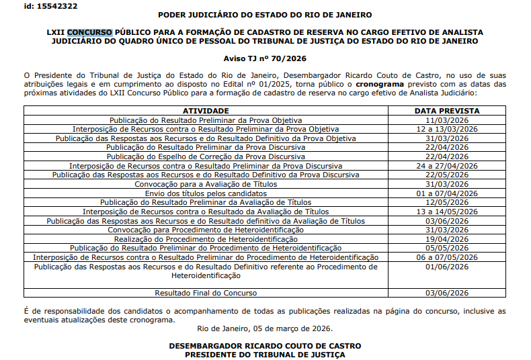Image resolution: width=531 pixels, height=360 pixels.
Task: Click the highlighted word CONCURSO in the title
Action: (90, 32)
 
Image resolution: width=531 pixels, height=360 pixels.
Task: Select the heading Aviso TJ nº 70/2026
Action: (264, 59)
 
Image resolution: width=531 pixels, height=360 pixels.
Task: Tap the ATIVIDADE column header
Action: (206, 110)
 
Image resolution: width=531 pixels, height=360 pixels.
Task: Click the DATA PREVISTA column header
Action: (446, 110)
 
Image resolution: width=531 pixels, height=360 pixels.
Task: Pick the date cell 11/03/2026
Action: (446, 120)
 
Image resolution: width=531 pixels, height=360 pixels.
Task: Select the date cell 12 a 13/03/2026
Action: (446, 128)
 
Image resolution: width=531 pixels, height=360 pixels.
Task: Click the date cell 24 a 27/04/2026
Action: (446, 165)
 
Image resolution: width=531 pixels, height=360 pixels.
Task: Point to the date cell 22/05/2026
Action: (446, 175)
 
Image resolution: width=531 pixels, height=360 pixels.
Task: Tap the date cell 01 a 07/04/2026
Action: (446, 193)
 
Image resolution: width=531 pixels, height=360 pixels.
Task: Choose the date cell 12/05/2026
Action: (446, 202)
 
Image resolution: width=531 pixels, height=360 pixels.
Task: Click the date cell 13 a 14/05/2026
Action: (446, 211)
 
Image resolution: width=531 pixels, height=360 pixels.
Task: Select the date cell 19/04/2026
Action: (446, 238)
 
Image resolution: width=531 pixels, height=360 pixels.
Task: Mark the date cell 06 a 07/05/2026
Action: (446, 257)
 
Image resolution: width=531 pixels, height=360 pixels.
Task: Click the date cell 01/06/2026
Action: (446, 267)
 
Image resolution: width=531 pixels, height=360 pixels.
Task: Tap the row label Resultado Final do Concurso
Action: (206, 293)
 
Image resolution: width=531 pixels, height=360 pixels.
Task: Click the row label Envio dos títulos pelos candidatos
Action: (206, 193)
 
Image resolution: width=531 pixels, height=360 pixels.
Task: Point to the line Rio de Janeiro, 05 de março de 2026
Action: (264, 328)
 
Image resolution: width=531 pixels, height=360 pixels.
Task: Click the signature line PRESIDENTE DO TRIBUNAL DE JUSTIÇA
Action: (264, 354)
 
